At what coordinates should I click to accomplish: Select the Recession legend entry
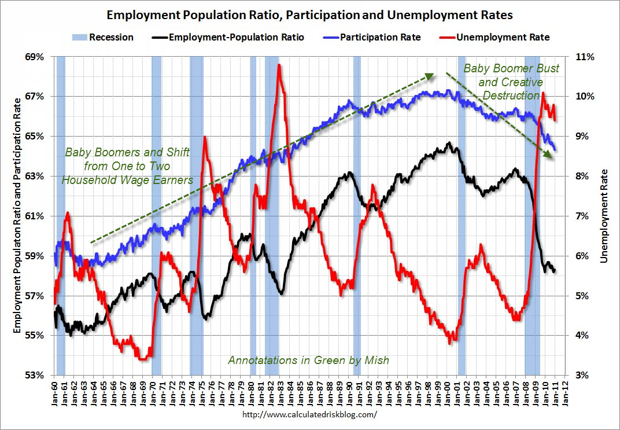tap(102, 37)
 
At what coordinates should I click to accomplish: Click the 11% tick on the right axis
tap(588, 57)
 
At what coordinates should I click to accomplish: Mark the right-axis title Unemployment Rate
tap(605, 215)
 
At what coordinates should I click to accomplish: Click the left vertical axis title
tap(17, 215)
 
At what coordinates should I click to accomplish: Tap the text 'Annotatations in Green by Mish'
tap(308, 360)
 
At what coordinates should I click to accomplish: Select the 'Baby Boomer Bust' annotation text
tap(512, 68)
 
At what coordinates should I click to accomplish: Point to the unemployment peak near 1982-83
tap(279, 65)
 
